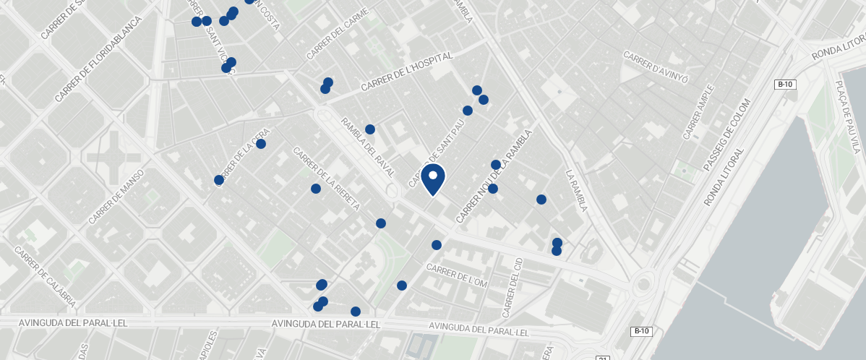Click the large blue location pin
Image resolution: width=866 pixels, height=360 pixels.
point(432,179)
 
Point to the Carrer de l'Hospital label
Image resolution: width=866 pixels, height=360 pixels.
point(406,72)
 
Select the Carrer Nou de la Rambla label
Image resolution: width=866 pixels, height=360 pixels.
point(494,176)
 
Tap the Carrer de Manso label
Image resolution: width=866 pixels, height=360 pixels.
point(116,196)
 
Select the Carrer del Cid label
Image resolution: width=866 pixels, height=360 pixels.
point(511,287)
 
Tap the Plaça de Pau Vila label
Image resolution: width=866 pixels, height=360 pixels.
point(846,116)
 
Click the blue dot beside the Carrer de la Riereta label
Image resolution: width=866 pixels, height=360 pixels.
point(316,189)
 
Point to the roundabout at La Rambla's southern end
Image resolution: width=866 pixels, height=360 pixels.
point(643,285)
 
